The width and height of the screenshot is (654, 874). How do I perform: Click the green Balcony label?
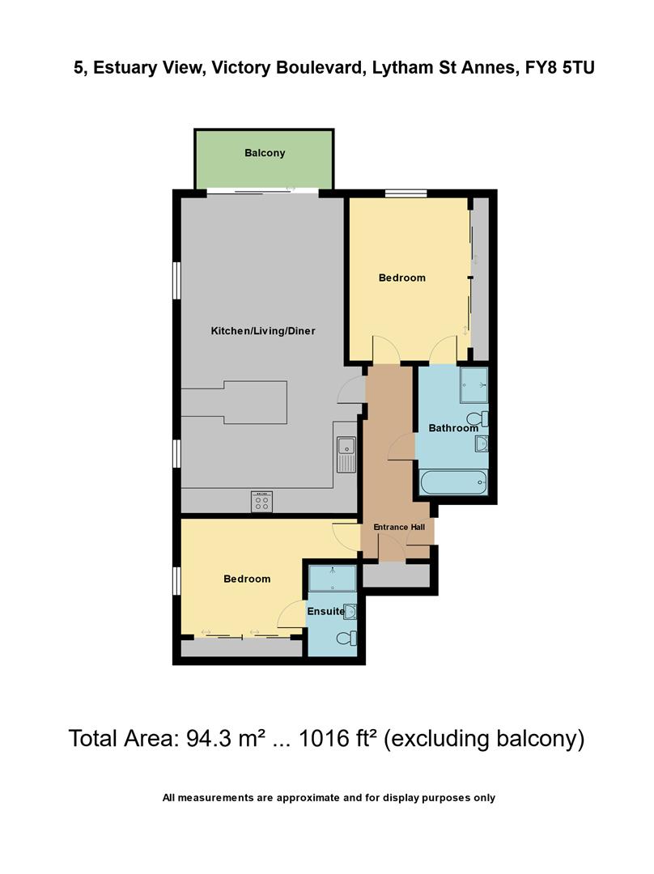tap(265, 153)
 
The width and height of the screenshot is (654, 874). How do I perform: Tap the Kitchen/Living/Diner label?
tap(263, 331)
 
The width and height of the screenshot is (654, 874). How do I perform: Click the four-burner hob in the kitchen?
tap(261, 502)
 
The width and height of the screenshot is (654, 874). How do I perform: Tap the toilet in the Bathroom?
tap(483, 418)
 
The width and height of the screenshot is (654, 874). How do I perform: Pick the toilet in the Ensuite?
tap(347, 639)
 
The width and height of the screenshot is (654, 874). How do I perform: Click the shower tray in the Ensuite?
tap(333, 578)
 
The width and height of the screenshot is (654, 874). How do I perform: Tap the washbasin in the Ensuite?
tap(350, 611)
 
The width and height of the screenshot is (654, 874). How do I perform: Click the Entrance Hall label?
tap(398, 528)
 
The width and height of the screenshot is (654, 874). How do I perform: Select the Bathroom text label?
tap(452, 428)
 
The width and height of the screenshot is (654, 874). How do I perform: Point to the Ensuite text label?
tap(325, 612)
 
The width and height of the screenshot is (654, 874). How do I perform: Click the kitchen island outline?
tap(235, 402)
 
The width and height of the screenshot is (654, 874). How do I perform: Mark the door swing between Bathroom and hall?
tap(402, 448)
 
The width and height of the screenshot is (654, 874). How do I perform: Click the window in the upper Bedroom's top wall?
tap(406, 193)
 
